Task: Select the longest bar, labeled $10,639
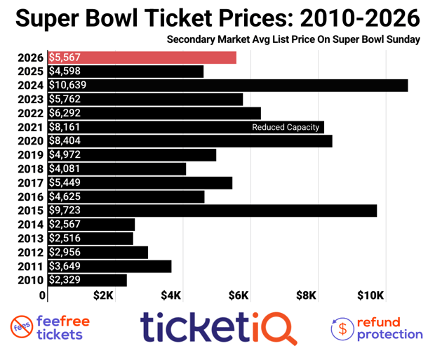point(228,85)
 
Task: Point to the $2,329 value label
point(65,280)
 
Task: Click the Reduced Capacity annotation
point(286,127)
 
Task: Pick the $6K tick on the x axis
point(239,295)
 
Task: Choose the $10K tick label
point(370,295)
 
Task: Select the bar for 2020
point(189,141)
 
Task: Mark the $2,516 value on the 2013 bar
point(65,239)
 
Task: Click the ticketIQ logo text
point(217,328)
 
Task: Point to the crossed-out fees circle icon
point(22,328)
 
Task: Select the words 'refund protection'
point(389,328)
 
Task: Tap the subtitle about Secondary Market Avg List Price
point(293,39)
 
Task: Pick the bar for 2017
point(140,182)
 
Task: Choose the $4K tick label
point(173,295)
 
